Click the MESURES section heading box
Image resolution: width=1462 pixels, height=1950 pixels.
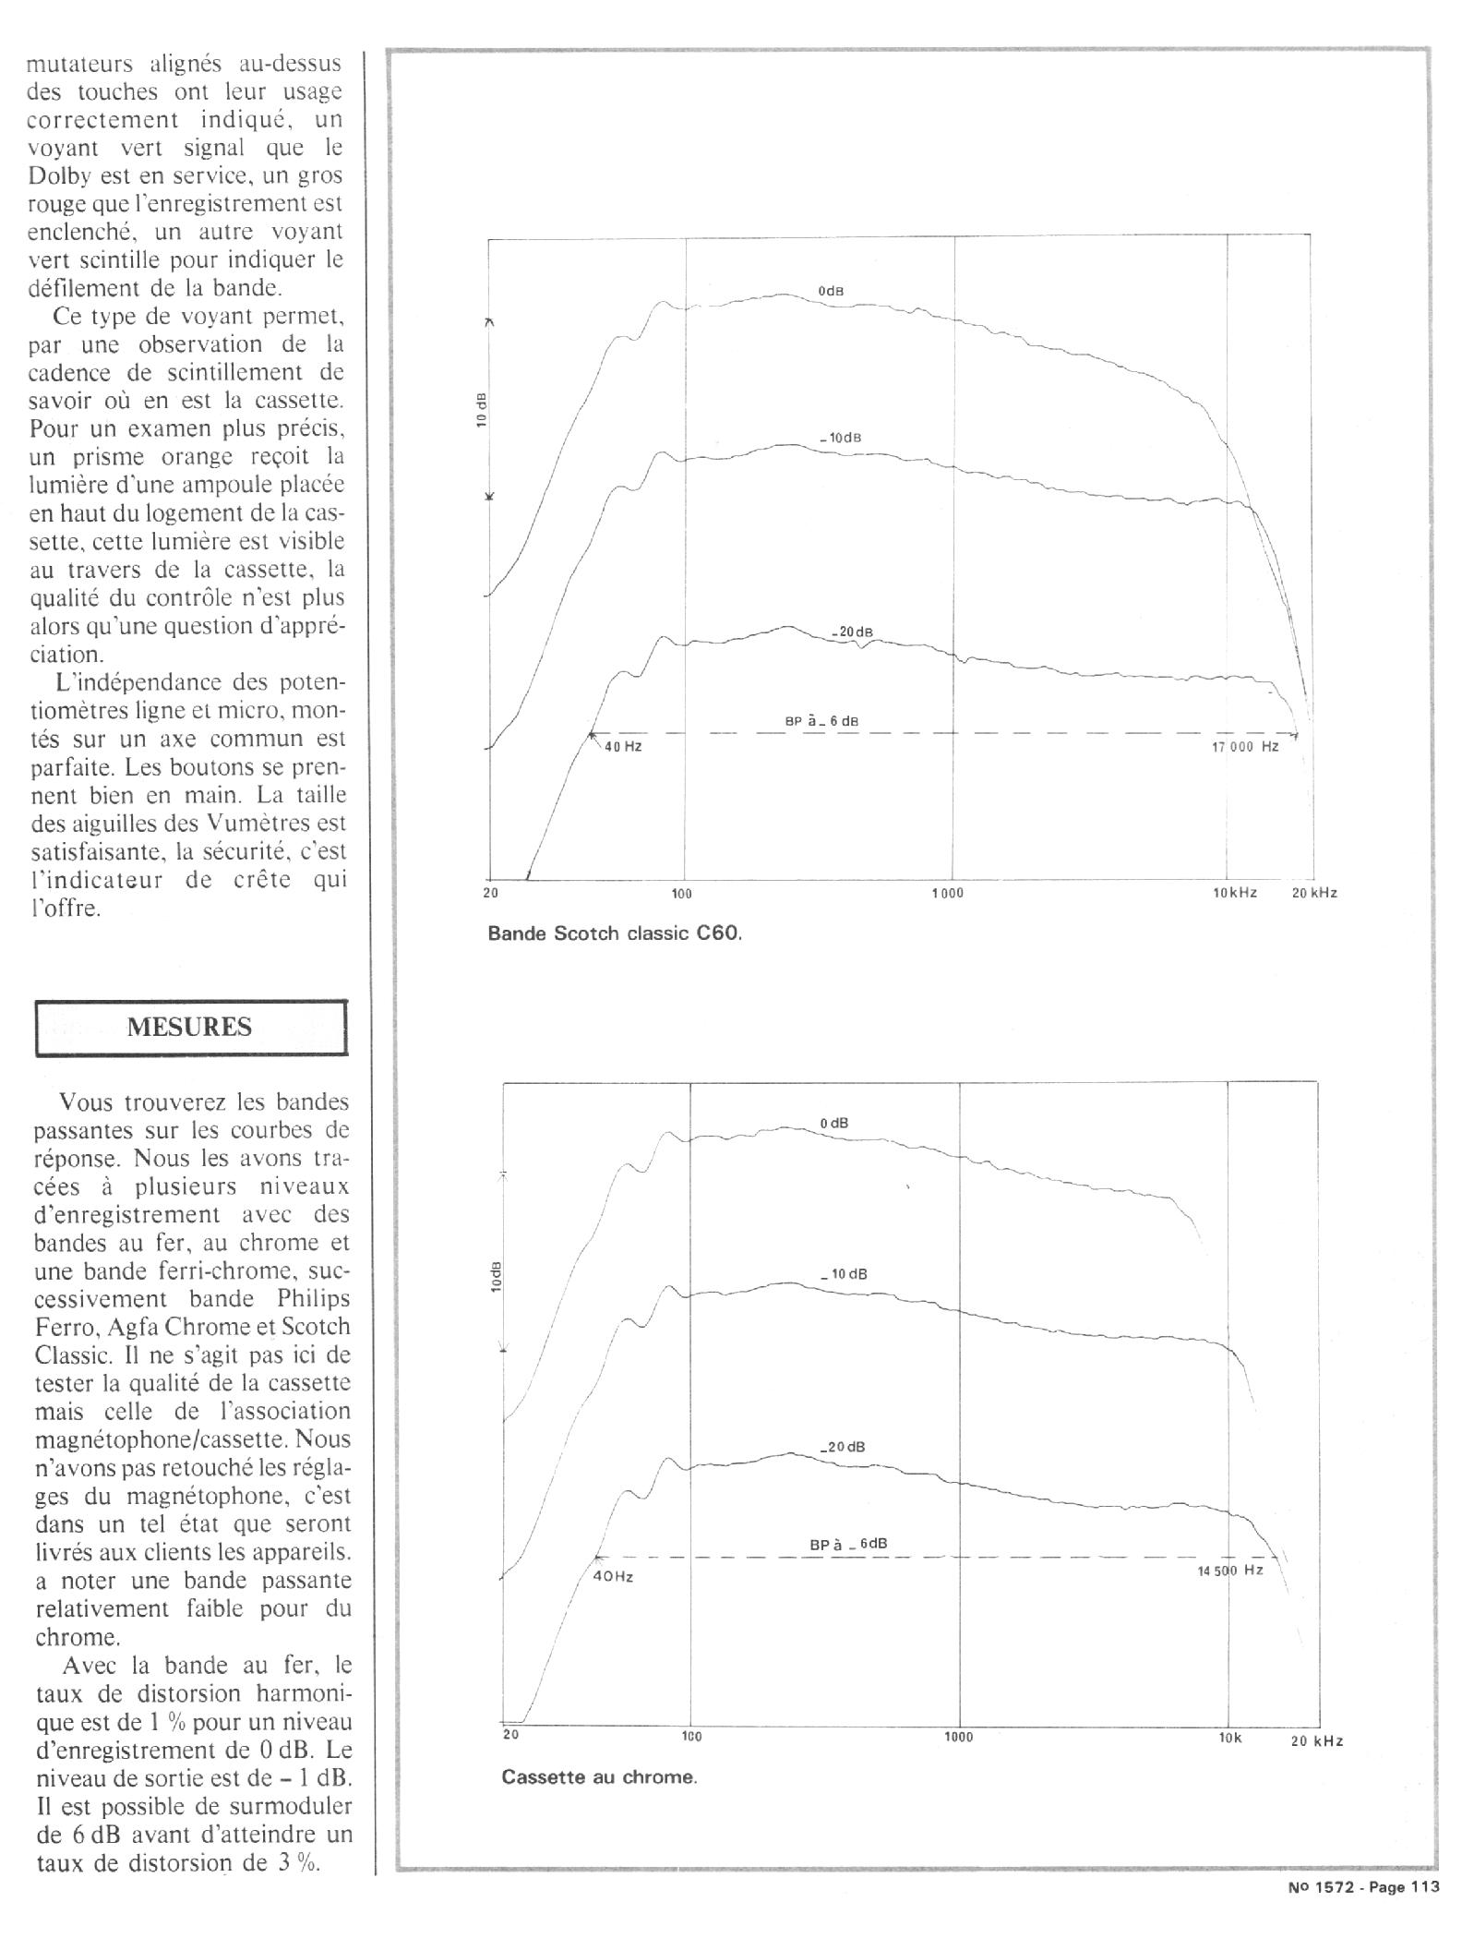point(190,1027)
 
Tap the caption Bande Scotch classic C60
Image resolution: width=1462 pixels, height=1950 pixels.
point(615,933)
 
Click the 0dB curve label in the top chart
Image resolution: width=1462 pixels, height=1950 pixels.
point(831,291)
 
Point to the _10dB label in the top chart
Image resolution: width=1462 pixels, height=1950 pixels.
point(840,438)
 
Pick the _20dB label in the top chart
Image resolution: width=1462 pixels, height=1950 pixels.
point(851,632)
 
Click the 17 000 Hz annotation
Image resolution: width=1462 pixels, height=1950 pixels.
point(1245,746)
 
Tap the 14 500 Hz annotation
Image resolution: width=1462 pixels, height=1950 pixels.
point(1230,1570)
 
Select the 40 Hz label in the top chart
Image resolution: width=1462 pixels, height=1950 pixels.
point(623,746)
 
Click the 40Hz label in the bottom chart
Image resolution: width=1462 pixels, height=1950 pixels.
point(613,1576)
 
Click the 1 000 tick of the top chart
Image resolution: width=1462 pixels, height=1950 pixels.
point(948,893)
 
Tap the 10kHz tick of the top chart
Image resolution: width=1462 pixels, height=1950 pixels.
point(1235,893)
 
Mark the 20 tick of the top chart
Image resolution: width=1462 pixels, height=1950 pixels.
point(490,893)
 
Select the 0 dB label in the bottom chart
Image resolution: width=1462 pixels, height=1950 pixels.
point(833,1124)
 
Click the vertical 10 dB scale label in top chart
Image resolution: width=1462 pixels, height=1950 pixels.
point(482,408)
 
